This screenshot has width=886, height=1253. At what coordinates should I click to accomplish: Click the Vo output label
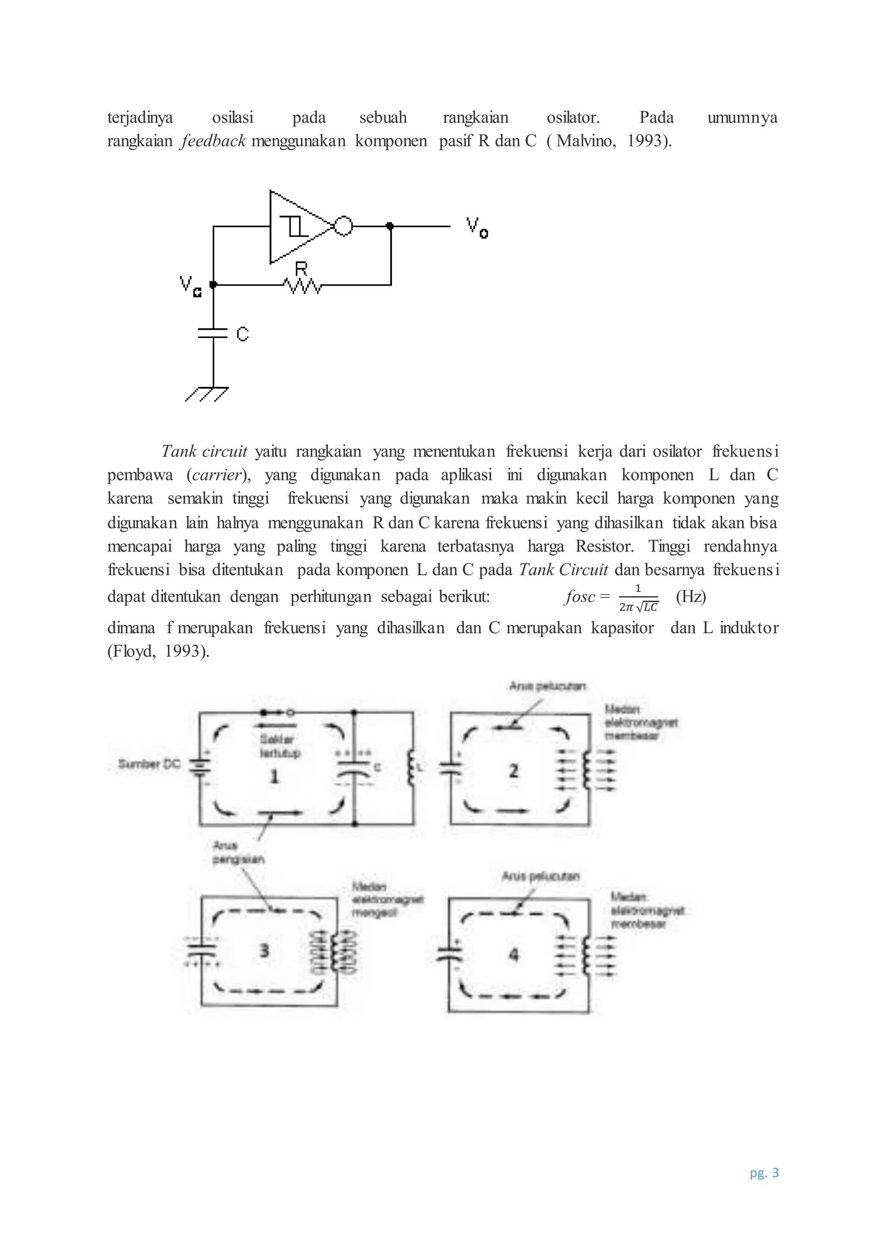[x=476, y=228]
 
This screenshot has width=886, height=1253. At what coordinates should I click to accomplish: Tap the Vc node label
[x=190, y=286]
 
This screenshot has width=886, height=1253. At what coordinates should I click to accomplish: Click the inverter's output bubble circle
[x=343, y=225]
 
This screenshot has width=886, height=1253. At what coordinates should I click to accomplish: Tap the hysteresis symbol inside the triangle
[x=295, y=226]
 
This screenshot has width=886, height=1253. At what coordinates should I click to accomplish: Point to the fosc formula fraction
[x=638, y=598]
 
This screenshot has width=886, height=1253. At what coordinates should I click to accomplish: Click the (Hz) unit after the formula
[x=691, y=597]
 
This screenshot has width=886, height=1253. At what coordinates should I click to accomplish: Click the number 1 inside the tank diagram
[x=274, y=776]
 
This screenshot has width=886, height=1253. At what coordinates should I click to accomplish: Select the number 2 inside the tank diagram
[x=514, y=771]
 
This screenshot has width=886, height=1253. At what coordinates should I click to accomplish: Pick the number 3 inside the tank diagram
[x=264, y=950]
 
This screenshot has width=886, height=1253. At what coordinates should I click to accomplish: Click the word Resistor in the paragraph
[x=604, y=546]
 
